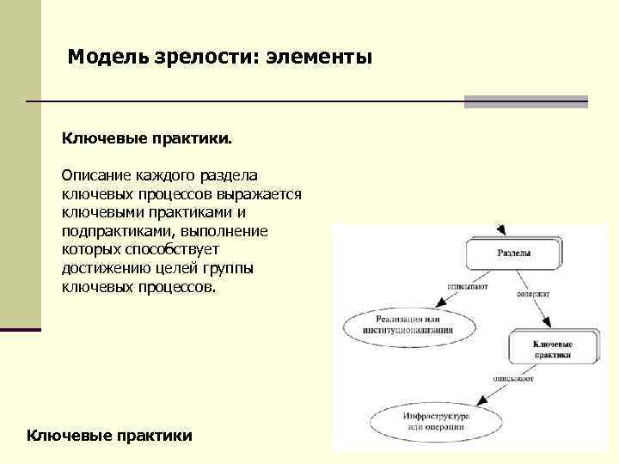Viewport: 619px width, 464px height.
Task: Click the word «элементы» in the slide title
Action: pyautogui.click(x=319, y=58)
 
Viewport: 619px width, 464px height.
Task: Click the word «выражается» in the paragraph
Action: pyautogui.click(x=259, y=193)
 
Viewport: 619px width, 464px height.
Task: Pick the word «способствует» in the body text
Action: pyautogui.click(x=167, y=250)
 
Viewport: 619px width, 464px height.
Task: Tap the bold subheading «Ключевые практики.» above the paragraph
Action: pyautogui.click(x=146, y=137)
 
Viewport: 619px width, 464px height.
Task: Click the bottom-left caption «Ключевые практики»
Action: pyautogui.click(x=110, y=436)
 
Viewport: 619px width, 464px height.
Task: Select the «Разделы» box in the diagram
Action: pyautogui.click(x=514, y=253)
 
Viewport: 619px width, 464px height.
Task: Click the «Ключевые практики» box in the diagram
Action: pyautogui.click(x=552, y=349)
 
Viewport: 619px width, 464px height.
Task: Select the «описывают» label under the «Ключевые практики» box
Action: pyautogui.click(x=513, y=378)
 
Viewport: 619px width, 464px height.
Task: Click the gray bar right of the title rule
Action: pyautogui.click(x=525, y=101)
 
